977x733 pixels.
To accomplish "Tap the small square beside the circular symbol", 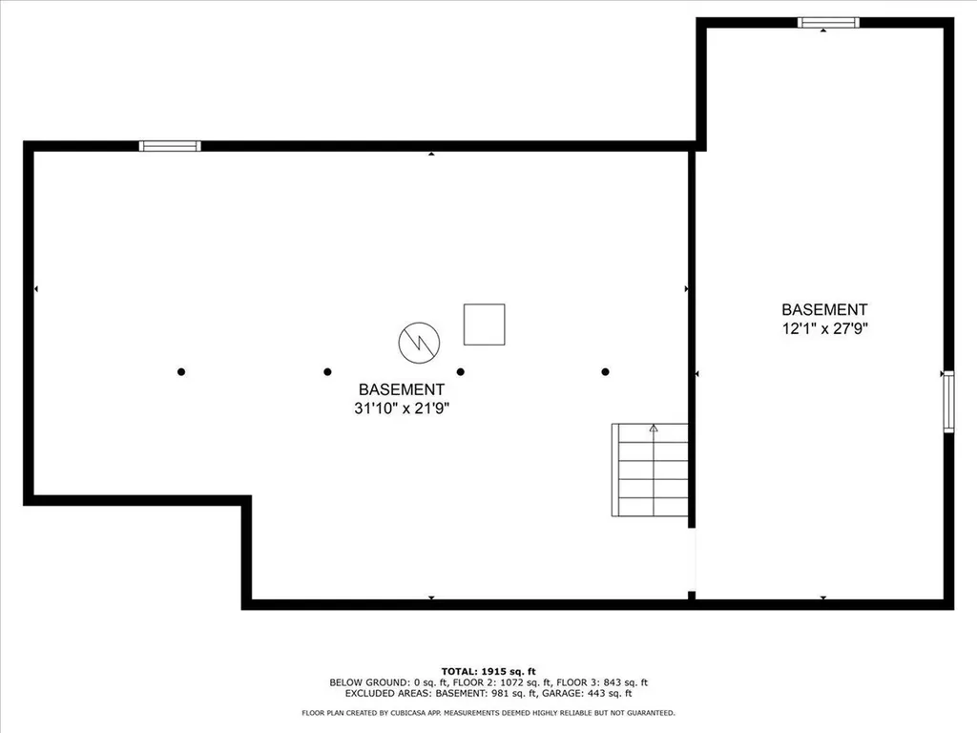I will point(484,325).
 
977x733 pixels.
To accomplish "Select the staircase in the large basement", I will point(650,470).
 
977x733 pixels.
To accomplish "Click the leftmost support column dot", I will point(181,371).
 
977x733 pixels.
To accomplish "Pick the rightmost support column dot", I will point(605,371).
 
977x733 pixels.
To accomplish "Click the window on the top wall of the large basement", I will point(170,146).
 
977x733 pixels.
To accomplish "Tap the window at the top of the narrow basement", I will point(828,23).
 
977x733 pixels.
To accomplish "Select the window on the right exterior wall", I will point(948,402).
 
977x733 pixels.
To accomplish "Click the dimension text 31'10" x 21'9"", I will point(401,408).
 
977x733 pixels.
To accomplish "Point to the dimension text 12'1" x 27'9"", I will point(824,328).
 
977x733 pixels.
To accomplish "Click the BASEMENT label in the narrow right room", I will point(824,309).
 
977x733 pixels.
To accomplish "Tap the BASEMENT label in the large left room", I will point(401,389).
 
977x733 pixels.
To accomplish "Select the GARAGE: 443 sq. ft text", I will point(592,693).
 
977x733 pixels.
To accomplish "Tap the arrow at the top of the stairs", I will point(654,429).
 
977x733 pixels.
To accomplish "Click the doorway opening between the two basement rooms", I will point(692,559).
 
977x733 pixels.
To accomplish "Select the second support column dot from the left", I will point(327,371).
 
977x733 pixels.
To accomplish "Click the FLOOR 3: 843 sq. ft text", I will point(601,682).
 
